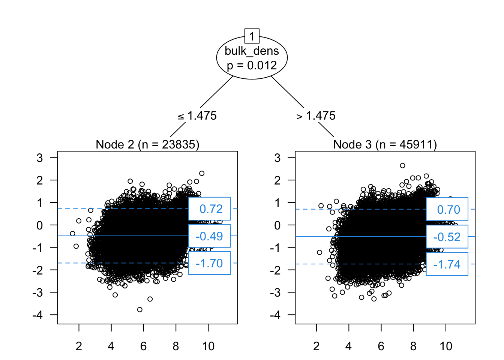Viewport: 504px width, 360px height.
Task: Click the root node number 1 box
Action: pyautogui.click(x=252, y=36)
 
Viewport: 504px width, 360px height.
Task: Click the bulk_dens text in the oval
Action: pyautogui.click(x=252, y=51)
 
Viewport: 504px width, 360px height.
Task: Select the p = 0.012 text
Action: pyautogui.click(x=252, y=65)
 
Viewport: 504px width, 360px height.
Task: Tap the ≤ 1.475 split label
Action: pyautogui.click(x=197, y=116)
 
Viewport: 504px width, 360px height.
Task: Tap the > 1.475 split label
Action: pyautogui.click(x=316, y=116)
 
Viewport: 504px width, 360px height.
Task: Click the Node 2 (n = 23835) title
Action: pyautogui.click(x=147, y=144)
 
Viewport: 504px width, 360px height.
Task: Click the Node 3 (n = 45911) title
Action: pyautogui.click(x=385, y=144)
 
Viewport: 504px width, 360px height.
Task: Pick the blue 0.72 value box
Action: pyautogui.click(x=209, y=208)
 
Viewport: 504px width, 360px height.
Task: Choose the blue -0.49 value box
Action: pyautogui.click(x=209, y=236)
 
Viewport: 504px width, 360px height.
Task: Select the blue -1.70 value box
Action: pyautogui.click(x=209, y=263)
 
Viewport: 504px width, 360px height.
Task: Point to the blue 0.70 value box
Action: pyautogui.click(x=447, y=209)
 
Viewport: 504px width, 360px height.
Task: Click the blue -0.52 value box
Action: pyautogui.click(x=447, y=237)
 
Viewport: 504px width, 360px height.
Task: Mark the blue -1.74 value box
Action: pyautogui.click(x=447, y=264)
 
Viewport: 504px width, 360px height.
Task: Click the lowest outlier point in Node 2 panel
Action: pyautogui.click(x=140, y=309)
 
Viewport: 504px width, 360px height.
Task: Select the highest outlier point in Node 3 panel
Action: pyautogui.click(x=402, y=165)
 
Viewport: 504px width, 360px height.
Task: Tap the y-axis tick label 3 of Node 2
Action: pyautogui.click(x=40, y=158)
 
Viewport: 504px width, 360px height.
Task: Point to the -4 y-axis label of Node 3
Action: pyautogui.click(x=275, y=315)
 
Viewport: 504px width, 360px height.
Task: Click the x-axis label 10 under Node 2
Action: pyautogui.click(x=208, y=346)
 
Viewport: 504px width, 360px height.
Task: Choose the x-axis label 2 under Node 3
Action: pyautogui.click(x=316, y=346)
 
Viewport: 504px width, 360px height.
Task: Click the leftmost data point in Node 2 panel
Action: pyautogui.click(x=72, y=234)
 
